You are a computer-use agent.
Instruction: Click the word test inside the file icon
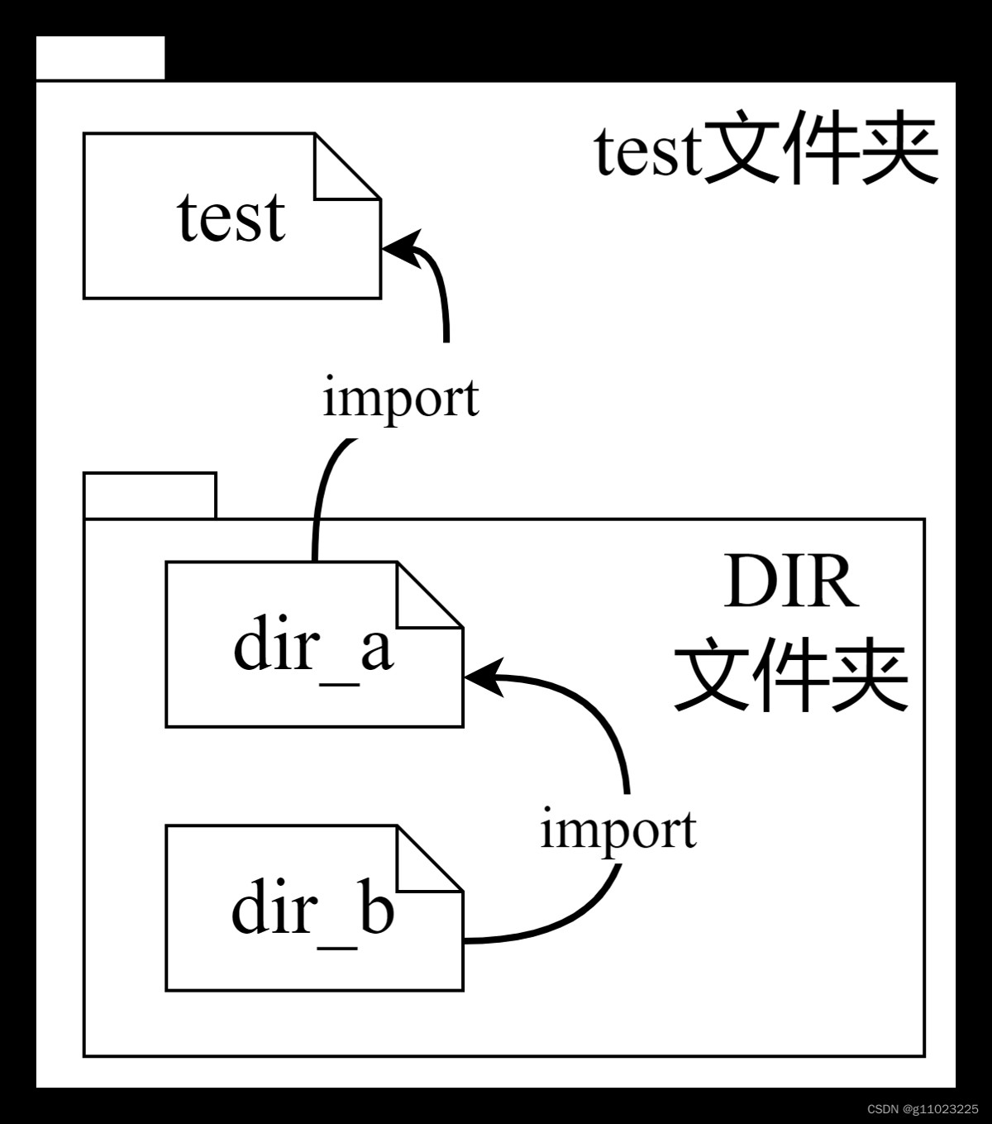231,218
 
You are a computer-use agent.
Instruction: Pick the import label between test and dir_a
400,398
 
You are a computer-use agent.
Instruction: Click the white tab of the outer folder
100,58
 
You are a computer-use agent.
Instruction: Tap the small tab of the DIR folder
150,495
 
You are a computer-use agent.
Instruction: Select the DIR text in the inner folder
790,583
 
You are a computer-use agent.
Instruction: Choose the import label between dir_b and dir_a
618,829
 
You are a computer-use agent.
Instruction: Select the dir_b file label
312,910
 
